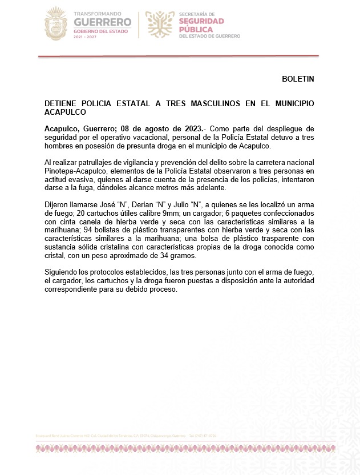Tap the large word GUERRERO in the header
pyautogui.click(x=102, y=22)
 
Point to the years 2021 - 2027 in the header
pyautogui.click(x=86, y=36)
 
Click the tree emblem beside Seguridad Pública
pyautogui.click(x=160, y=23)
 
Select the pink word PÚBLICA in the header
pyautogui.click(x=196, y=29)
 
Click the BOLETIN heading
pyautogui.click(x=298, y=78)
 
